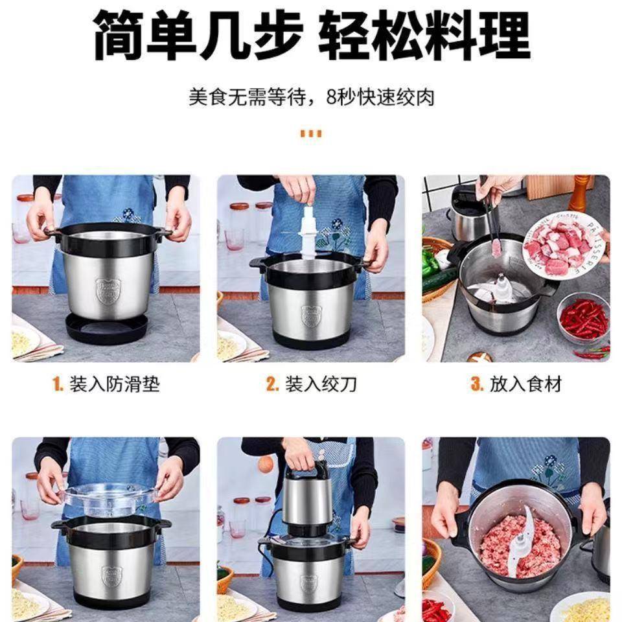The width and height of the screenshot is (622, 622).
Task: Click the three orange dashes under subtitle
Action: point(311,134)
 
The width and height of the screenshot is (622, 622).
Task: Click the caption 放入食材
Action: point(516,384)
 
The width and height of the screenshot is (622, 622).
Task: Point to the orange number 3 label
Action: point(477,384)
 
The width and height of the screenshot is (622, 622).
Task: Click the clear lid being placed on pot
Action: point(110,496)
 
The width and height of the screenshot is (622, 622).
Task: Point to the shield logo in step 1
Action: point(108,291)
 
